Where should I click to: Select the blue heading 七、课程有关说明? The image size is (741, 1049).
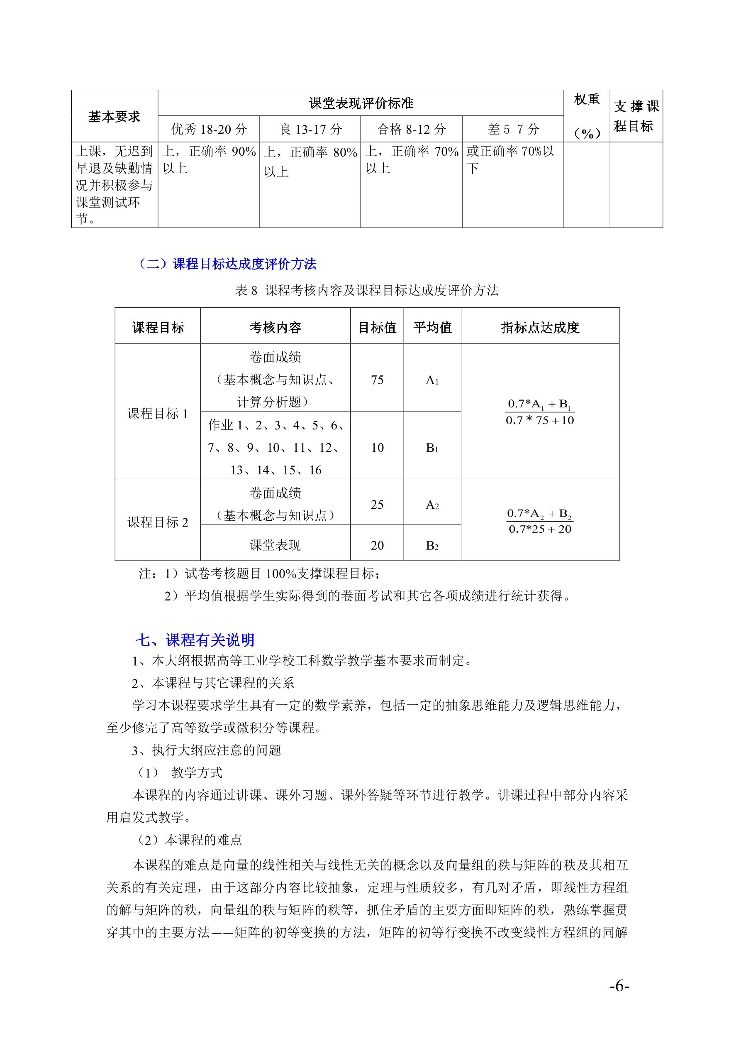195,640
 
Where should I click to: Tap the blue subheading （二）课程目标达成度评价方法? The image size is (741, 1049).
227,264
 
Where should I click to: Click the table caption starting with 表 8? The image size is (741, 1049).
367,290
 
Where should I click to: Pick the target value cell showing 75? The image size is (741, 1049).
377,380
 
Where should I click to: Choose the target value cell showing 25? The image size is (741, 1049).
377,505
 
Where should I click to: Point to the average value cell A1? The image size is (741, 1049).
432,380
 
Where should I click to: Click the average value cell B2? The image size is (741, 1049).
432,546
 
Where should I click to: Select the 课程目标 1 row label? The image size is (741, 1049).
158,414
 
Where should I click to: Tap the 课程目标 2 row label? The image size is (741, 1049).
158,522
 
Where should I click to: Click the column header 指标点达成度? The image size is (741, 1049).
540,328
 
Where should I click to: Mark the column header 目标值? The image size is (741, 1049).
377,328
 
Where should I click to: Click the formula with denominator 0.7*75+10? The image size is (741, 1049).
540,412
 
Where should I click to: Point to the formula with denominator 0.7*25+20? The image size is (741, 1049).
540,521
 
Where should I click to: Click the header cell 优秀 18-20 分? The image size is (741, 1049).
209,129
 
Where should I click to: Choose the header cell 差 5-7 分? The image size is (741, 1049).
513,129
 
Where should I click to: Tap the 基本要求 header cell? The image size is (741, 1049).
114,117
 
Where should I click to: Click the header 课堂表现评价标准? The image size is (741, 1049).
361,103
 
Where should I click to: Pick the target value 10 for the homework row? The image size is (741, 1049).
377,448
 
